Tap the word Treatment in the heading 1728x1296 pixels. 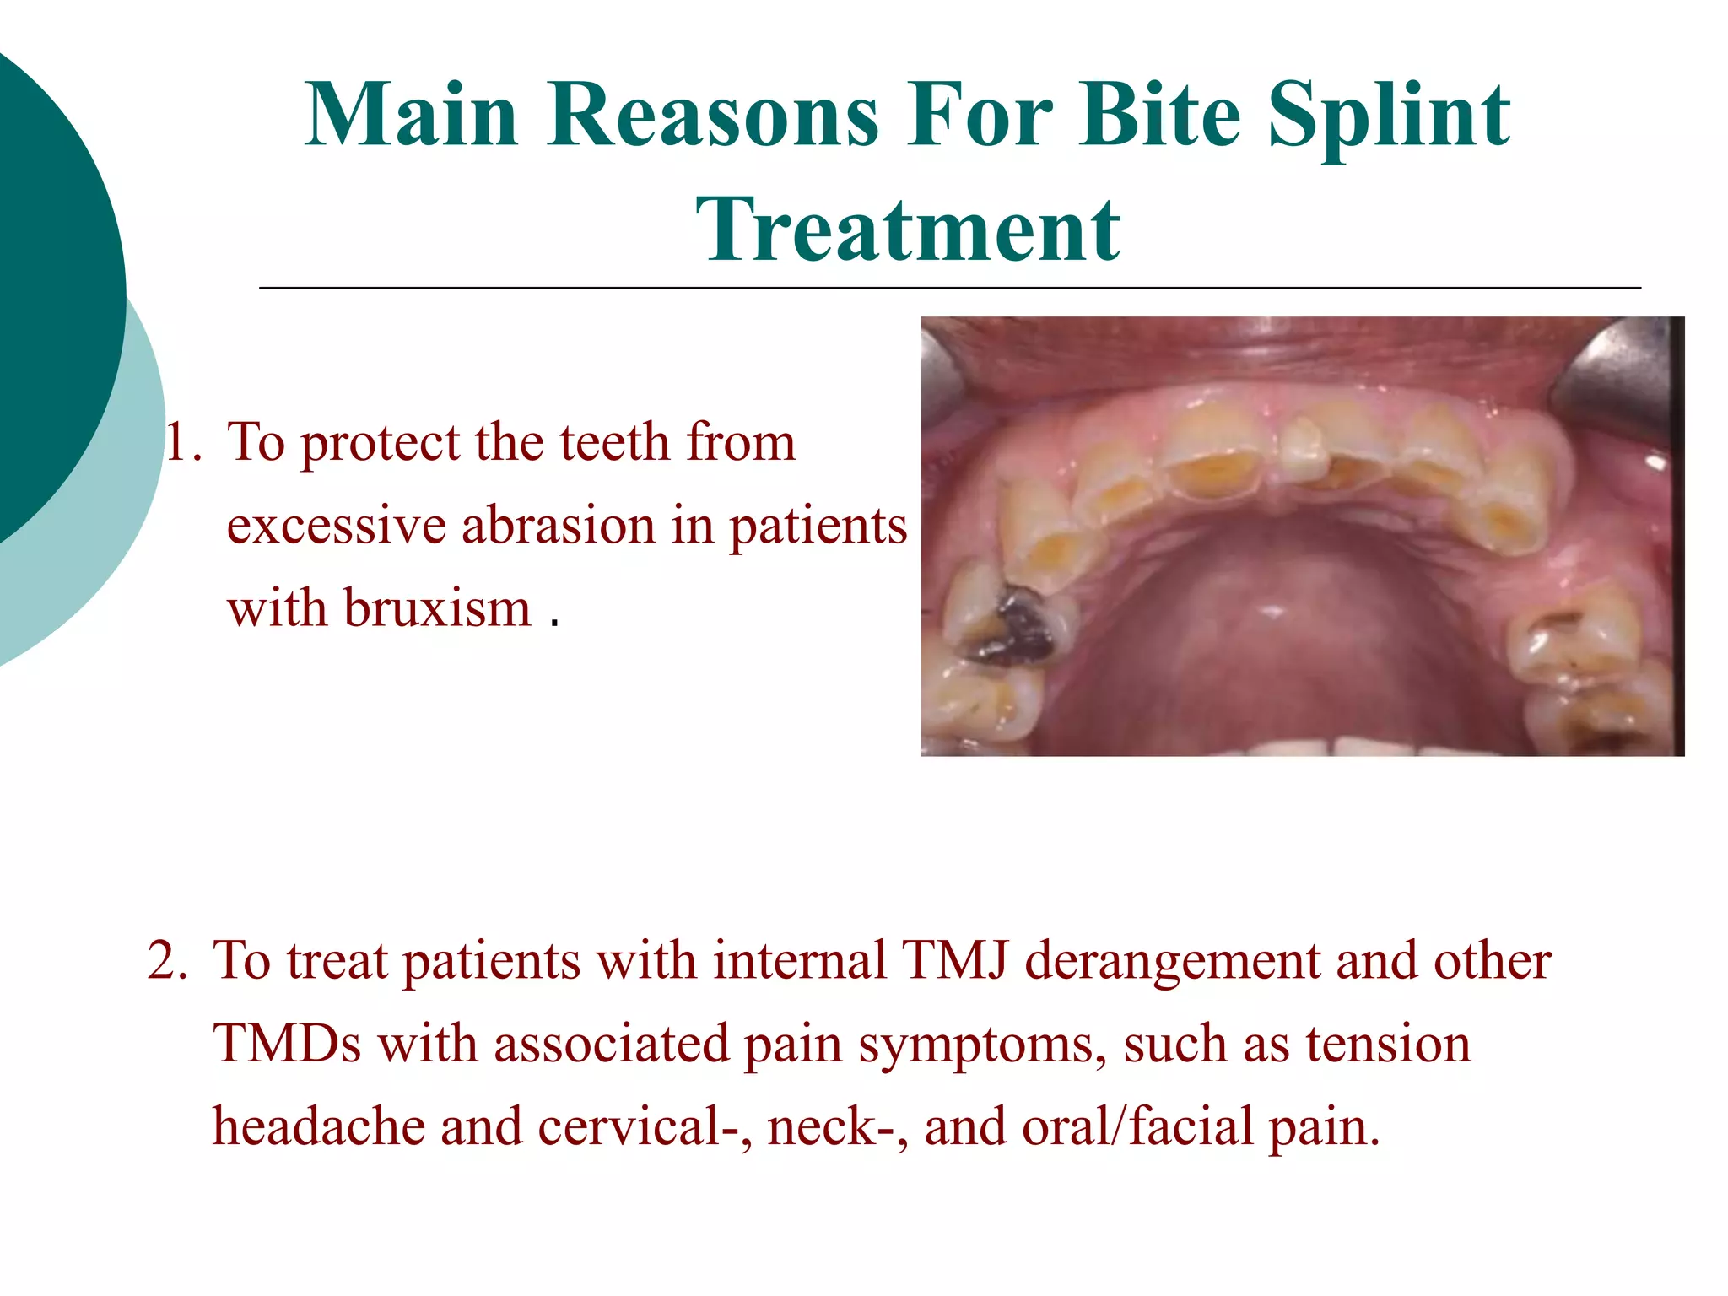click(908, 230)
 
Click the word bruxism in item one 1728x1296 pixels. click(437, 608)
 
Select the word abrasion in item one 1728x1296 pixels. click(558, 526)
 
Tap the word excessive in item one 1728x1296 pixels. click(336, 526)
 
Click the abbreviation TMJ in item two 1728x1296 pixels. click(953, 961)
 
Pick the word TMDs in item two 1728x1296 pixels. click(287, 1044)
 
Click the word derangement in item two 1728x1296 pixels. click(1172, 963)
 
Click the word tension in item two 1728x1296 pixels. click(1388, 1044)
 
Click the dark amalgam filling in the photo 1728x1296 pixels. click(1022, 628)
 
